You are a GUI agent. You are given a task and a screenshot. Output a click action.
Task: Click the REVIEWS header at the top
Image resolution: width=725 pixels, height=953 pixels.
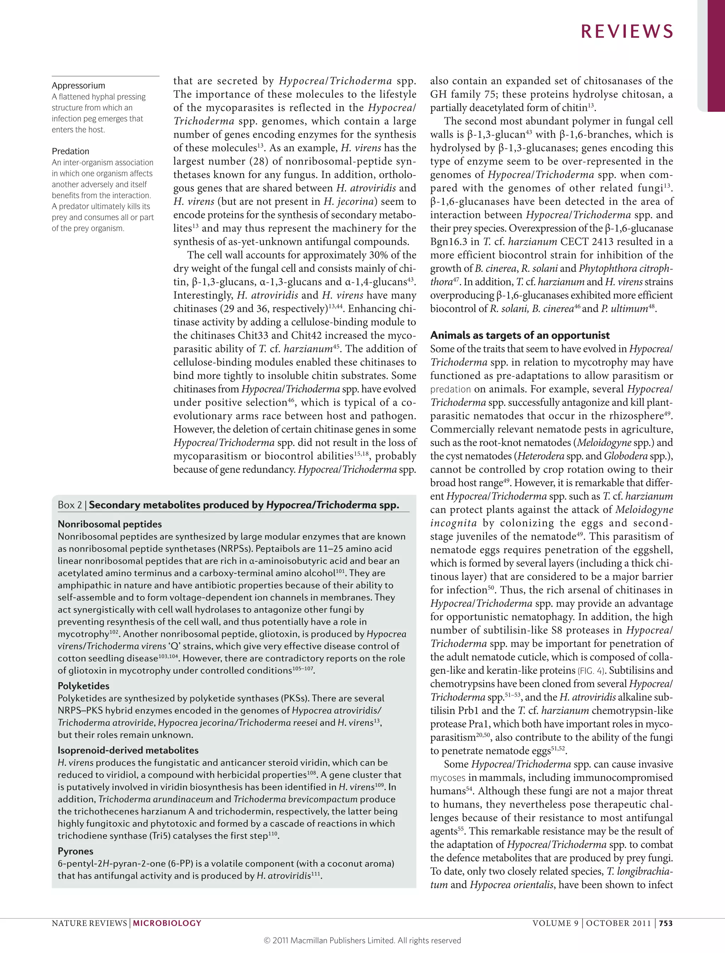[627, 32]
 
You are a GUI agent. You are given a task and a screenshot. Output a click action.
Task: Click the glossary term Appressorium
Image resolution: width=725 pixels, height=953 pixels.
[78, 85]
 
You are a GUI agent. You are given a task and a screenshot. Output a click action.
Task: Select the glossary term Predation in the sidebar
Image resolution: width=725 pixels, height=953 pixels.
[70, 151]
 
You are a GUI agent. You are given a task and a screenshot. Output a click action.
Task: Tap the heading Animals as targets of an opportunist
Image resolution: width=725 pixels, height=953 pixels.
[520, 335]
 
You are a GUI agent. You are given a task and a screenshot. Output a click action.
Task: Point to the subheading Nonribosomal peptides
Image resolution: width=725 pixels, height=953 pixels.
[110, 524]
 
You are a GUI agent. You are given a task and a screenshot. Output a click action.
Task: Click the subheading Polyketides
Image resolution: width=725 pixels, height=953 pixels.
[83, 686]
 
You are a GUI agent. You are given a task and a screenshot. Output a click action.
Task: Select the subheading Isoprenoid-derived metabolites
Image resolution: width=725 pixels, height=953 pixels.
[128, 750]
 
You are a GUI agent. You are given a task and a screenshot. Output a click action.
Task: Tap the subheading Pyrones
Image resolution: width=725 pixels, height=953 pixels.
[75, 851]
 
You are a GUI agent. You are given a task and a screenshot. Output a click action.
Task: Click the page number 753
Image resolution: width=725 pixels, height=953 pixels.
[666, 923]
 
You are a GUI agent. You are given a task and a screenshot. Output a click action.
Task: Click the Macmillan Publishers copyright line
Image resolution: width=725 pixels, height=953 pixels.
[362, 940]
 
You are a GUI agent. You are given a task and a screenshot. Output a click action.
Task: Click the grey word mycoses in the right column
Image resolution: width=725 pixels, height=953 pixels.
[447, 778]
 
